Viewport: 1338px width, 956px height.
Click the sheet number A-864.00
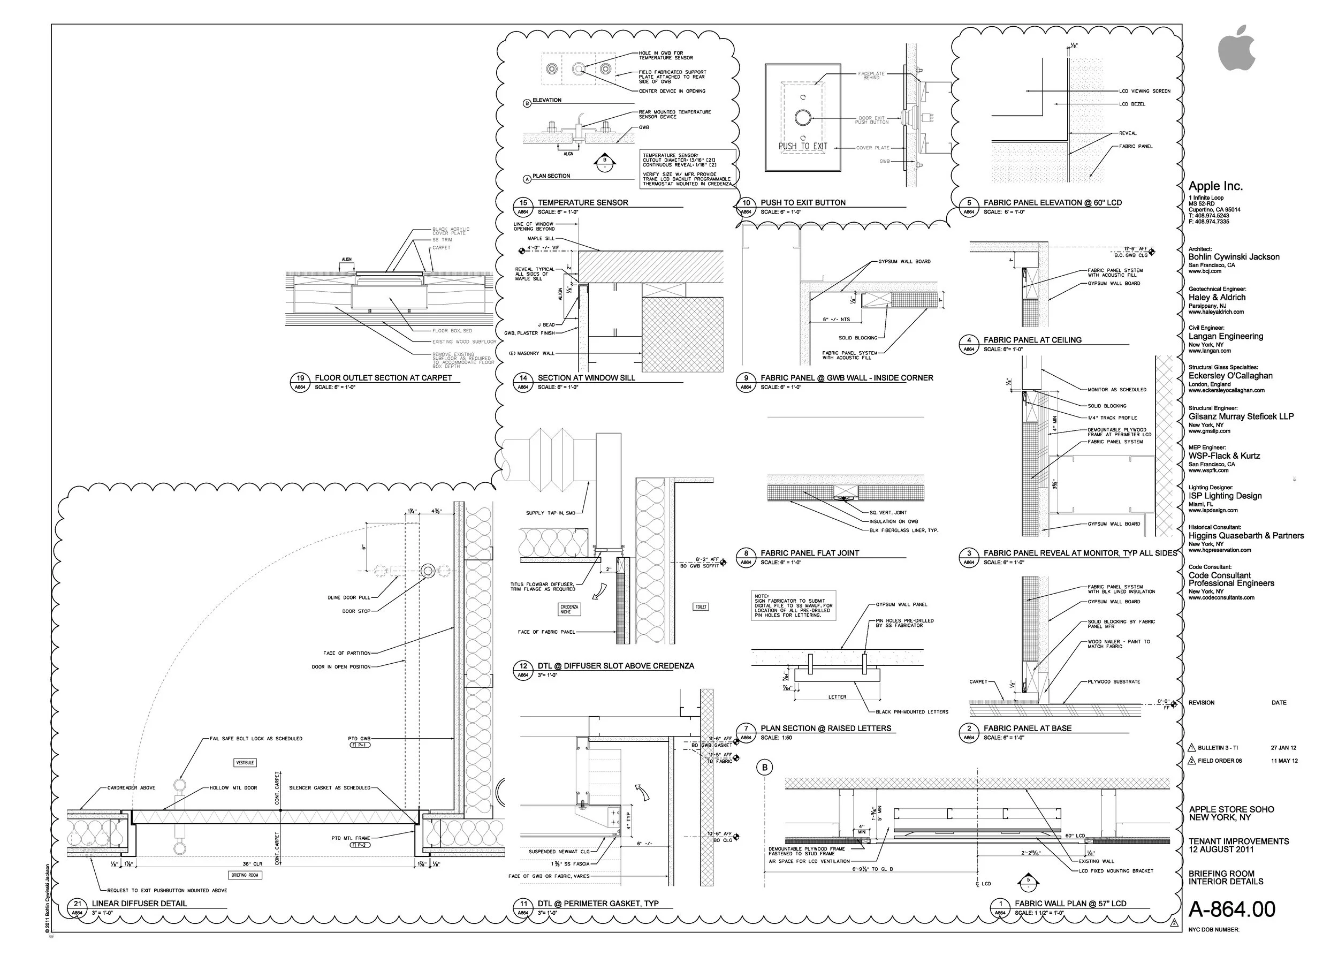click(x=1231, y=909)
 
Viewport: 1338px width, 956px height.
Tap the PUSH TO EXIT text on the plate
click(x=802, y=146)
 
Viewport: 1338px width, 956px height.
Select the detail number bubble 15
click(x=523, y=202)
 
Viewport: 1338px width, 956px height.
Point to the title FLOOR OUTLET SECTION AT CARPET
click(x=383, y=378)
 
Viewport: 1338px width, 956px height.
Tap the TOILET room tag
click(x=701, y=606)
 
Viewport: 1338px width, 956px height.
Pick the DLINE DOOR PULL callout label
click(x=349, y=597)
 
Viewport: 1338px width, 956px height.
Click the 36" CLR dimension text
click(x=252, y=864)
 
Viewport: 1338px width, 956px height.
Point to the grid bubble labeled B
click(x=765, y=768)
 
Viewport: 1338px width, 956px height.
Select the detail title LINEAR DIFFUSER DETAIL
click(x=140, y=904)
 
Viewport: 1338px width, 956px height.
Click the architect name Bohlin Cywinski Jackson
click(x=1234, y=256)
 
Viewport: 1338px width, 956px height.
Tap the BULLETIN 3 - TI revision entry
click(x=1218, y=748)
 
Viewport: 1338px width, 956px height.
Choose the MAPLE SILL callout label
click(x=541, y=238)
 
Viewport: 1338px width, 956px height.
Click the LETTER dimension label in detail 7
click(x=837, y=697)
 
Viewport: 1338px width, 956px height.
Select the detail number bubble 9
click(x=746, y=378)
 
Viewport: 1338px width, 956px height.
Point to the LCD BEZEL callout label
click(x=1132, y=104)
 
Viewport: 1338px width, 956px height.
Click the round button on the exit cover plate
click(x=802, y=118)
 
